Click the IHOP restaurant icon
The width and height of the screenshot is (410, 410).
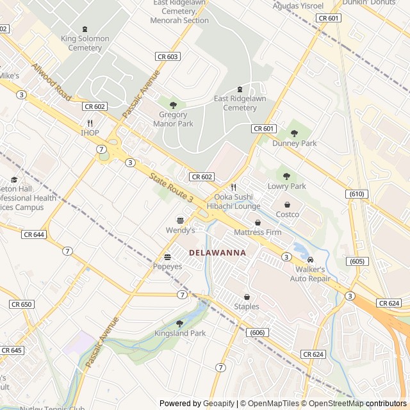tap(90, 123)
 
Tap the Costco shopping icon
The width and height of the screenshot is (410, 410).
tap(287, 205)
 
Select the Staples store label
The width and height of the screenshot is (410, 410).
tap(247, 307)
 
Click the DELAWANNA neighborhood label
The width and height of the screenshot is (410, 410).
tap(218, 253)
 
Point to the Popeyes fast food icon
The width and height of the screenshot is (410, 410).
tap(167, 257)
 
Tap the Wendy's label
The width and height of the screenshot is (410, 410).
tap(180, 230)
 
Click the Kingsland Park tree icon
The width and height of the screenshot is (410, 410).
tap(179, 324)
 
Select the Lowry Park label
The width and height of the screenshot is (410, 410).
tap(286, 186)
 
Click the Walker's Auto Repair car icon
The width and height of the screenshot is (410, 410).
tap(311, 260)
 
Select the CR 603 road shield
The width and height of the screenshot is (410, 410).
tap(167, 57)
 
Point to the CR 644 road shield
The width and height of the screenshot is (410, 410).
tap(34, 234)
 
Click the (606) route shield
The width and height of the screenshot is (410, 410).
tap(256, 332)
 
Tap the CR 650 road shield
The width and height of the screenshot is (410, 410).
tap(21, 304)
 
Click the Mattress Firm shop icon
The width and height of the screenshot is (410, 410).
tap(258, 222)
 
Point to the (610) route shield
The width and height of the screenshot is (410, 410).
tap(357, 194)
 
